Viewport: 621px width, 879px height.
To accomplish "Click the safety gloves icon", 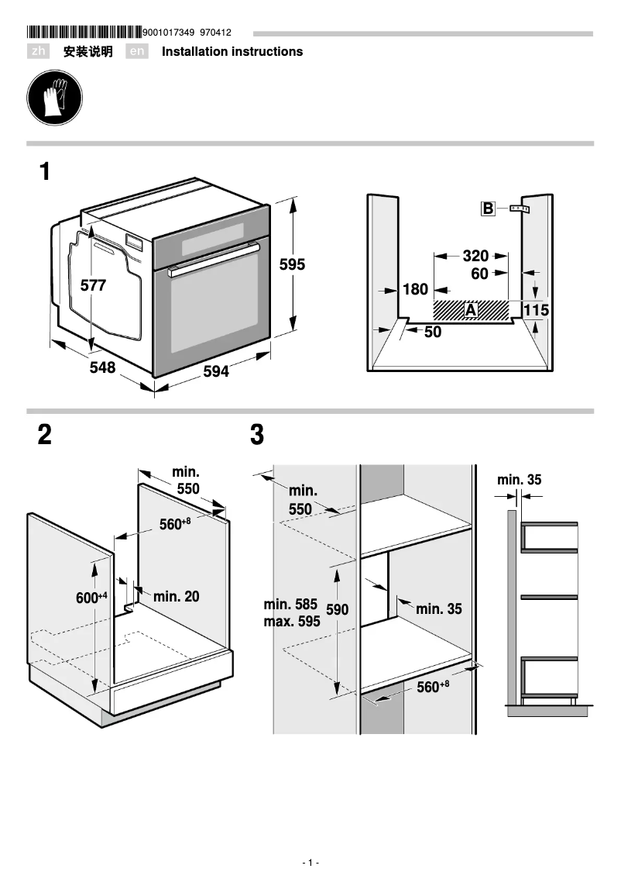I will [54, 100].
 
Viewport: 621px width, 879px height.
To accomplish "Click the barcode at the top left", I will [84, 33].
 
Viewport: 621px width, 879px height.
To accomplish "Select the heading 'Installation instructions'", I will [232, 52].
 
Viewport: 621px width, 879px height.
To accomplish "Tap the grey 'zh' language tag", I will [39, 52].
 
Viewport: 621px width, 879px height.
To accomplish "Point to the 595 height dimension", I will [292, 264].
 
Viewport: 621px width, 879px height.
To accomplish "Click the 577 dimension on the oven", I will [93, 285].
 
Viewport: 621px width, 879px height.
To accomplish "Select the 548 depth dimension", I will [101, 368].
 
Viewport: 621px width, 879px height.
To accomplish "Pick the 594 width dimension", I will [216, 372].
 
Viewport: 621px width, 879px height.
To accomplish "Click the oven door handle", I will [214, 259].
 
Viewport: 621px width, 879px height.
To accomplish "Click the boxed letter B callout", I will [488, 209].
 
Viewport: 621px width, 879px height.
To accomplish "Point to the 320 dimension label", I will [475, 256].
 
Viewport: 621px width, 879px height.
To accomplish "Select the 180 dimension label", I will [415, 289].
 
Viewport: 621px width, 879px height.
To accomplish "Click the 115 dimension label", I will [536, 310].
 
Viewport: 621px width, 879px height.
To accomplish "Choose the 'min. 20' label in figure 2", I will [176, 596].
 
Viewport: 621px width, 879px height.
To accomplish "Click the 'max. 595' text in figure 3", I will [291, 621].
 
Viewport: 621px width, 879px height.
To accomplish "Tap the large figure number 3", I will [257, 436].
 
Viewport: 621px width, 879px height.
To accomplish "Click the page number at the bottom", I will [310, 863].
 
